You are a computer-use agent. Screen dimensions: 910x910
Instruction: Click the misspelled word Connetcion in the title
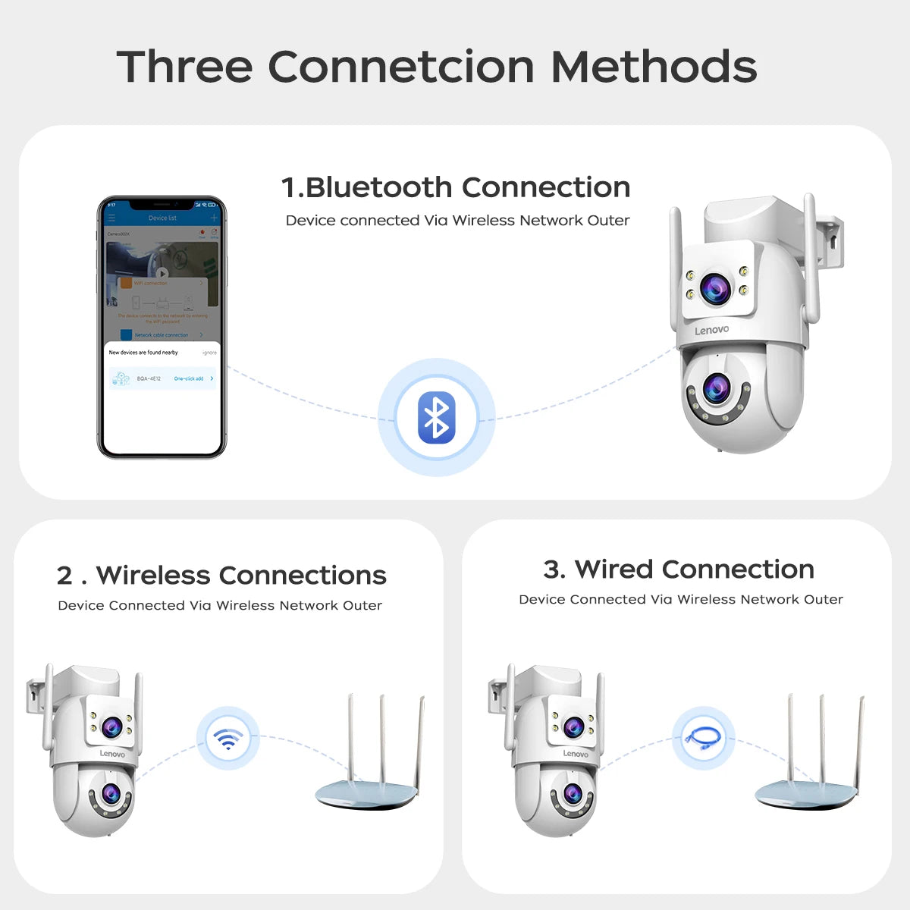pyautogui.click(x=401, y=67)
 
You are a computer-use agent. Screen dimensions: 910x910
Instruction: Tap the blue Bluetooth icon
pyautogui.click(x=437, y=418)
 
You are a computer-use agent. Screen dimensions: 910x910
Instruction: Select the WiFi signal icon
pyautogui.click(x=227, y=739)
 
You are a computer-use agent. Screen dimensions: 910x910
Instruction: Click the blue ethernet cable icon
pyautogui.click(x=703, y=738)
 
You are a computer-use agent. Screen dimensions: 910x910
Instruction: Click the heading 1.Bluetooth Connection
pyautogui.click(x=455, y=187)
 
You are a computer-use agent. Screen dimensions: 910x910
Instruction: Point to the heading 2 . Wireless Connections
pyautogui.click(x=221, y=576)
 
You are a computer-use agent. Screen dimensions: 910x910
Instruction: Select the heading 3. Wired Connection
pyautogui.click(x=679, y=570)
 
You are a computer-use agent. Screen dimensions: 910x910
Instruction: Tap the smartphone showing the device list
pyautogui.click(x=162, y=328)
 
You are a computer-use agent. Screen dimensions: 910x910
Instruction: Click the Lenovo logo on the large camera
pyautogui.click(x=711, y=330)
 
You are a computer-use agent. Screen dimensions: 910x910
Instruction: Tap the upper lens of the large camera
pyautogui.click(x=715, y=288)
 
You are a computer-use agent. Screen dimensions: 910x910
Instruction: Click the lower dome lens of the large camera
pyautogui.click(x=716, y=389)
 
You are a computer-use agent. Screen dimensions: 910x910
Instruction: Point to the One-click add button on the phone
pyautogui.click(x=189, y=378)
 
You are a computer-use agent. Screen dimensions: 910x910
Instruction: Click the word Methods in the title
pyautogui.click(x=654, y=67)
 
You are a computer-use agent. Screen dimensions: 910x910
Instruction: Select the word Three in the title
pyautogui.click(x=184, y=67)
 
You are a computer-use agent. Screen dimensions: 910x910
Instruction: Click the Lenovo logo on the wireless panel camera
pyautogui.click(x=112, y=754)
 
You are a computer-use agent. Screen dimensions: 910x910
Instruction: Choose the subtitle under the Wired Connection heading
pyautogui.click(x=680, y=600)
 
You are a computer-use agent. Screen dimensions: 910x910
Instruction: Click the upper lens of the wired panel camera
pyautogui.click(x=573, y=726)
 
